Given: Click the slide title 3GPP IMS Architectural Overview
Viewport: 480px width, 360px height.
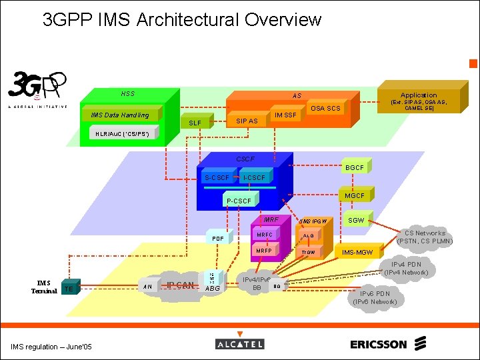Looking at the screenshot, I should (181, 20).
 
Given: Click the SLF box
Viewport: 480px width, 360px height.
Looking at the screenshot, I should (195, 123).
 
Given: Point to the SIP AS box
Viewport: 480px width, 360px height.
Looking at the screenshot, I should (247, 121).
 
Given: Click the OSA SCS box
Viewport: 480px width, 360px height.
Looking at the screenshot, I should (325, 108).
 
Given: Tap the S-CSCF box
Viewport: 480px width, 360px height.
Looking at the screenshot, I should (217, 177).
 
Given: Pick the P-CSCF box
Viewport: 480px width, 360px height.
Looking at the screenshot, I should (239, 201).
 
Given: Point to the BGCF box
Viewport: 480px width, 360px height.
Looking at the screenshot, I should (355, 168).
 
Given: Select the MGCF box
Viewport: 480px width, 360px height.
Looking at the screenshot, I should (355, 196).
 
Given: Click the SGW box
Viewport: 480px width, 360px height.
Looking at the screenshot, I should (357, 220).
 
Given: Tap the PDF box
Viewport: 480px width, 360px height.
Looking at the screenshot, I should (217, 238).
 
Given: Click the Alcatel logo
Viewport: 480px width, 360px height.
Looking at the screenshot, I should (240, 343).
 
